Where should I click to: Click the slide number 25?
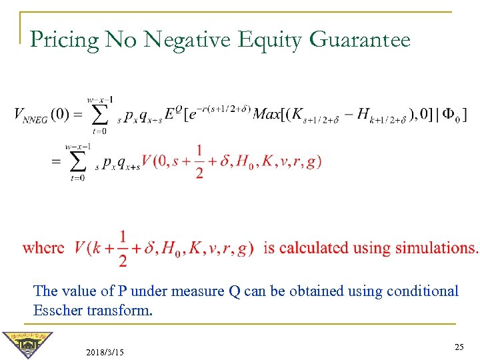[459, 347]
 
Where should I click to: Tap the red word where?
[43, 248]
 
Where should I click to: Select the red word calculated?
[314, 248]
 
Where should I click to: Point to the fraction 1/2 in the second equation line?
[199, 162]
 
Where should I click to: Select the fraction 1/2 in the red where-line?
[122, 249]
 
